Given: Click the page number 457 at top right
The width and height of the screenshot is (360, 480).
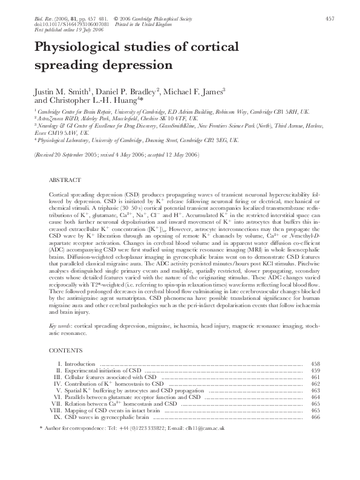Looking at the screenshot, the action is (330, 19).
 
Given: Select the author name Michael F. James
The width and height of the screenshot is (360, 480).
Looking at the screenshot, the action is (194, 91).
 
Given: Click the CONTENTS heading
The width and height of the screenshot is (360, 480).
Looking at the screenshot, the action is (62, 350).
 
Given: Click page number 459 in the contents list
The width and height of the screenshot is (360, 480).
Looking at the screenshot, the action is (315, 371).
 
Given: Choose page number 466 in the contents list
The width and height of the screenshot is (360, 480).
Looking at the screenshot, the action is (315, 417).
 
